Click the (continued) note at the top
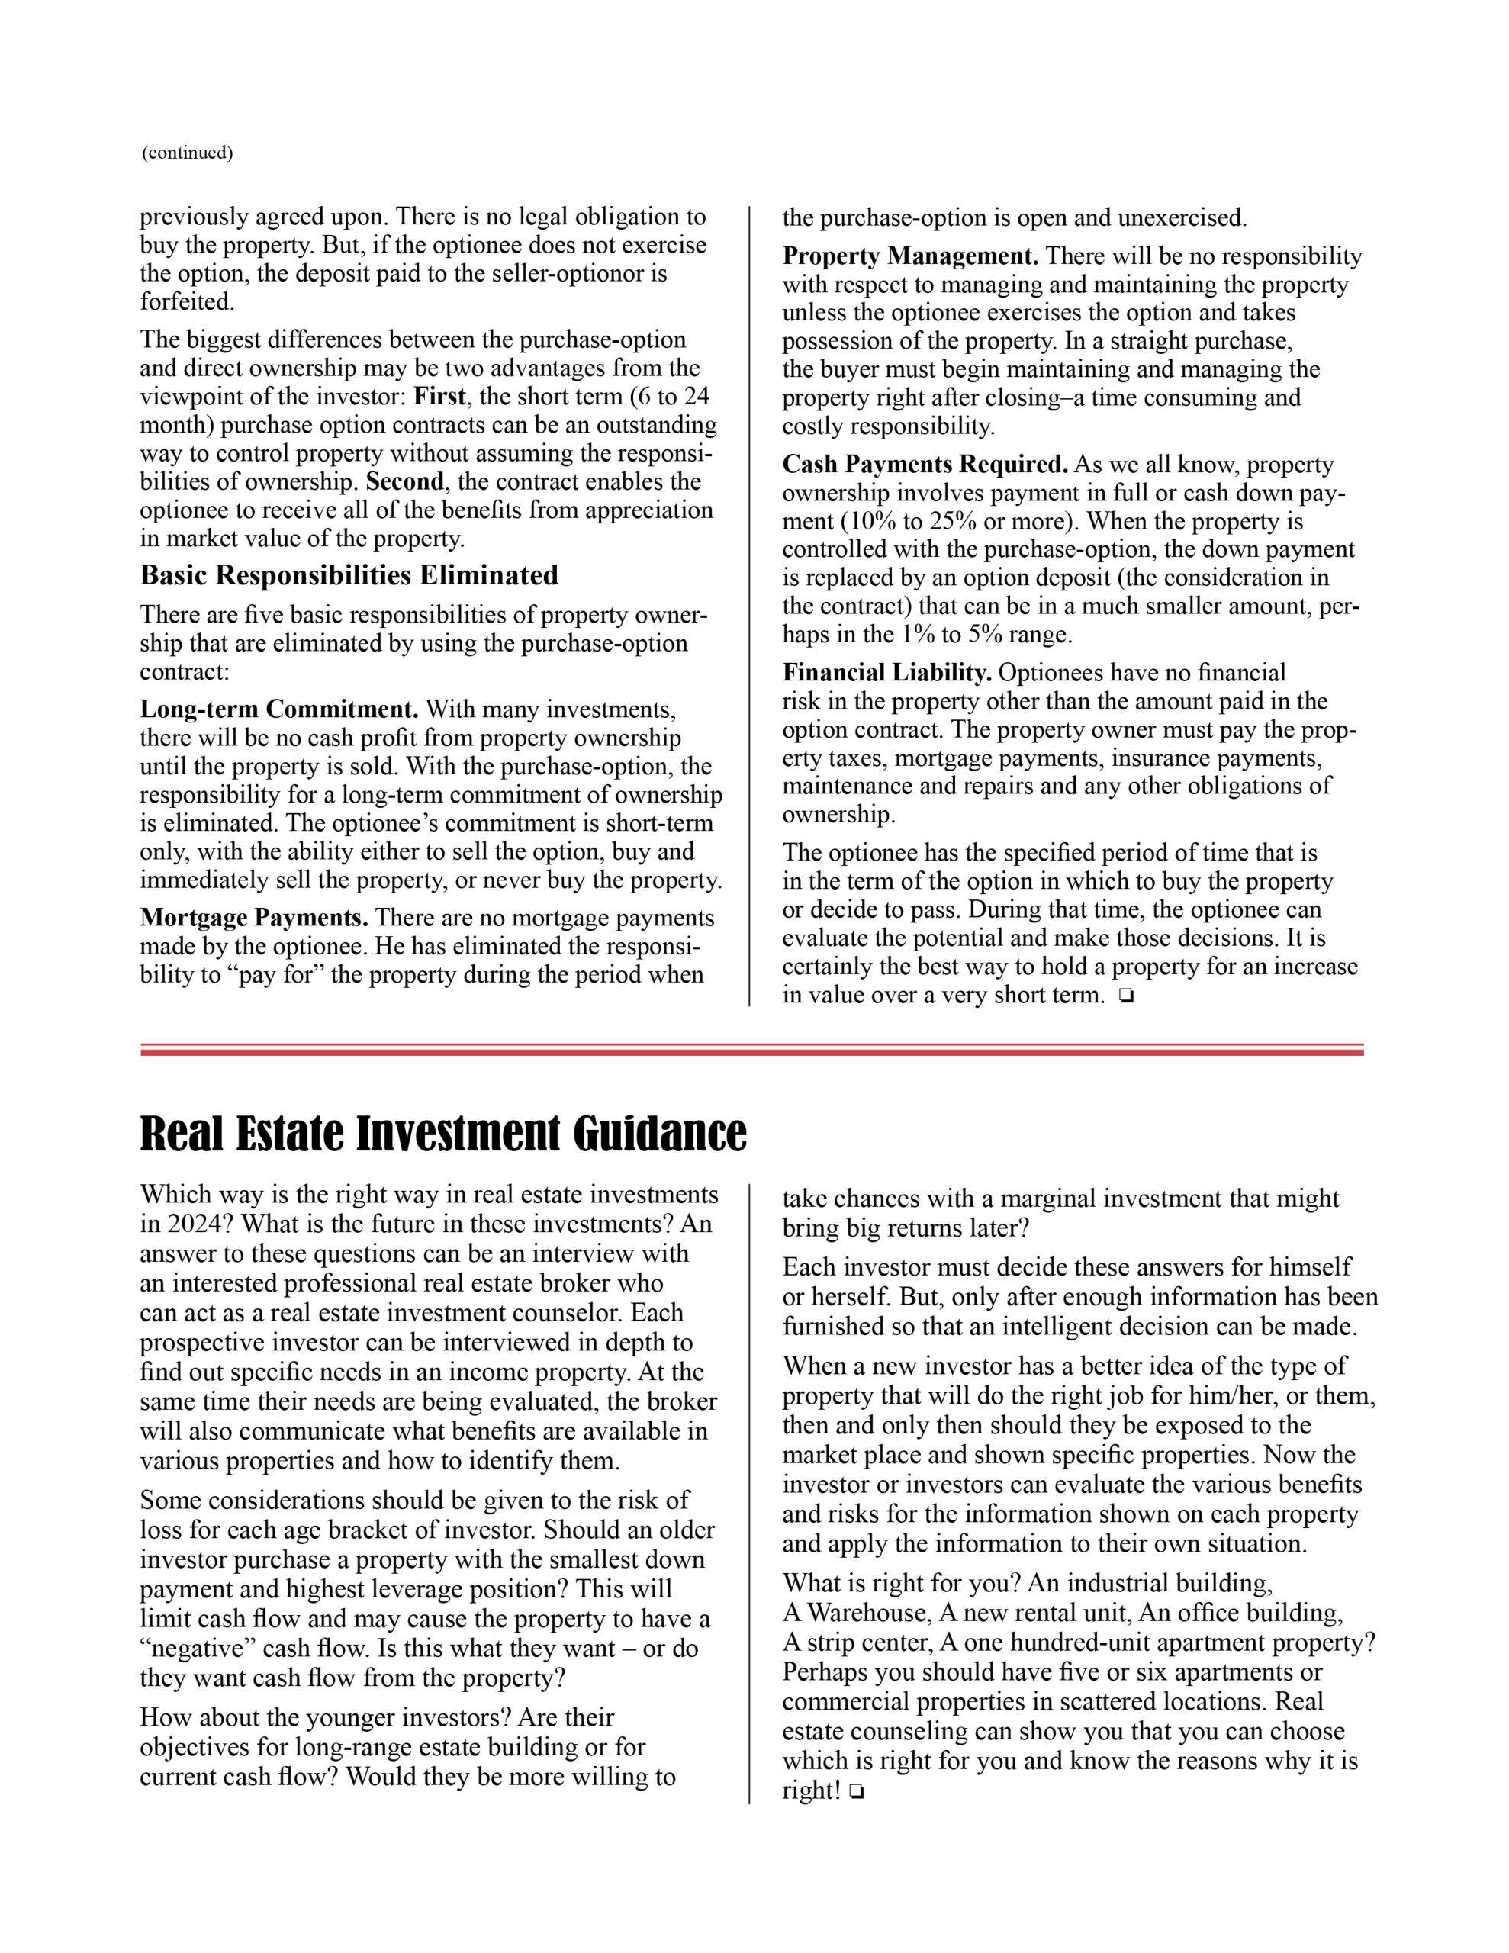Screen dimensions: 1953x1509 point(187,153)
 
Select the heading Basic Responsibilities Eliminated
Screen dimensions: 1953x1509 point(349,575)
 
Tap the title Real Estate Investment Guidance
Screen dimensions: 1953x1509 point(442,1133)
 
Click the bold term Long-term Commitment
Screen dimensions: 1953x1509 point(279,710)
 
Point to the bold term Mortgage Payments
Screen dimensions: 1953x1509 point(254,919)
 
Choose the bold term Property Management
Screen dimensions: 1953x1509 point(909,256)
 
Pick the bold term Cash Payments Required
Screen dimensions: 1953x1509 point(925,465)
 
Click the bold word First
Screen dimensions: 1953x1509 point(439,396)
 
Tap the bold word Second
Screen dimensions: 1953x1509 point(404,482)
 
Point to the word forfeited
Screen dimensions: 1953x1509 point(186,302)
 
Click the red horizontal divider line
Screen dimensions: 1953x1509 point(751,1051)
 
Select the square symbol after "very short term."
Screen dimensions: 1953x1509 point(1125,996)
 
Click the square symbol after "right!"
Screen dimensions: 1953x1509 point(856,1792)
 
